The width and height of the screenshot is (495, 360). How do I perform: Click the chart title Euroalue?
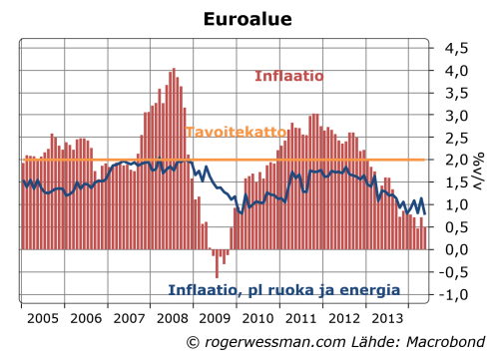(x=247, y=19)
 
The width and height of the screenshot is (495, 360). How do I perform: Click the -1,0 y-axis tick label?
(x=455, y=294)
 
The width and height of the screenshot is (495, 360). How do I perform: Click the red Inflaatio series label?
(x=287, y=76)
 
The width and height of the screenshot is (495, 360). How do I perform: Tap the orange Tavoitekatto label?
(x=232, y=132)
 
